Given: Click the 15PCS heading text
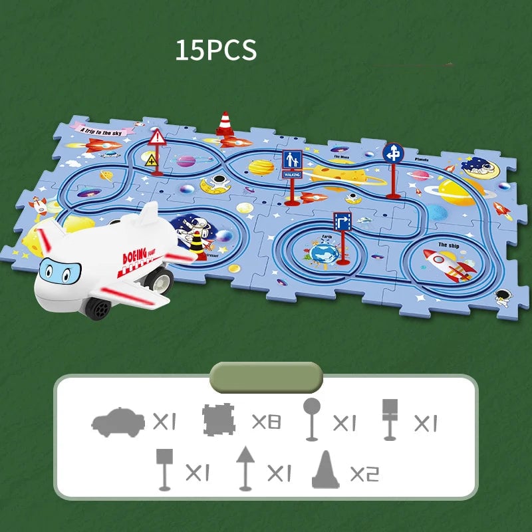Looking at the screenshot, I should (215, 51).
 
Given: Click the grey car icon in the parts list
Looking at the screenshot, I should (118, 422).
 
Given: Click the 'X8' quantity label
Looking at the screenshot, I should (266, 422).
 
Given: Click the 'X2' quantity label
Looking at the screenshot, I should (364, 473).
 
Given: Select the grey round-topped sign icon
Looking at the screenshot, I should (311, 419).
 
